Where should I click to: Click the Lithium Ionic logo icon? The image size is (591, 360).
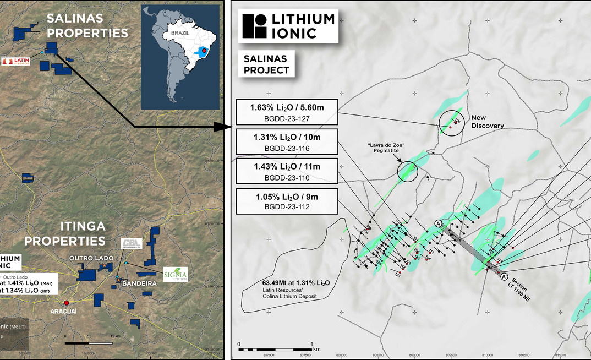(x=253, y=26)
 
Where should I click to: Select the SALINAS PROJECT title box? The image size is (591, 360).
(x=267, y=63)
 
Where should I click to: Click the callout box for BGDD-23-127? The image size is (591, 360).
(x=286, y=112)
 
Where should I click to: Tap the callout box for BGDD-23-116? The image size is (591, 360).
(x=286, y=142)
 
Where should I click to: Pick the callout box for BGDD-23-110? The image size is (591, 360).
(x=286, y=171)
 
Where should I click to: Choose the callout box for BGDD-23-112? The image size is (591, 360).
(x=286, y=201)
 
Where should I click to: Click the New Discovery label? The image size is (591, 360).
(x=487, y=122)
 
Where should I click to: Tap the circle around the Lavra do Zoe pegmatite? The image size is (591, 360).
(x=407, y=170)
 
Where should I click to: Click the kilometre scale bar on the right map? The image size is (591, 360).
(x=275, y=350)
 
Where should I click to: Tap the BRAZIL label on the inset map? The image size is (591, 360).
(x=180, y=33)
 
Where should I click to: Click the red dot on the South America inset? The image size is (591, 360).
(x=205, y=51)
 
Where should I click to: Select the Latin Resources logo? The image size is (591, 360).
(x=17, y=62)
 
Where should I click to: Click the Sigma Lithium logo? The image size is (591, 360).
(x=176, y=274)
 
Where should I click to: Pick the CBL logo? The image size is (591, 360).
(x=132, y=243)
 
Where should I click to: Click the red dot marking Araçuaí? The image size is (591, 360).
(x=67, y=303)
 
